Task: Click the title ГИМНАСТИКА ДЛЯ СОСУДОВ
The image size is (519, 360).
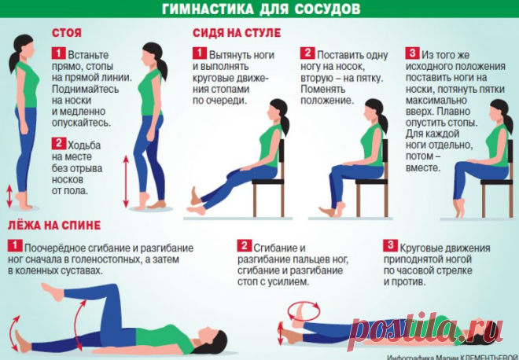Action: click(261, 9)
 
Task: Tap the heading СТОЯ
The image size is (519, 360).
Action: click(67, 33)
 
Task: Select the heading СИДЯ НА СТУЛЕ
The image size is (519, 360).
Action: click(237, 33)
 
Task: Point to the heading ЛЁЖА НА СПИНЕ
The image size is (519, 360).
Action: click(54, 226)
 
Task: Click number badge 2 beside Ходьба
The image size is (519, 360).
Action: click(59, 143)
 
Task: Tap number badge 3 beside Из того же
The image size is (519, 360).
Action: click(412, 53)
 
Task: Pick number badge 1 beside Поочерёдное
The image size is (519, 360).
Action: click(15, 246)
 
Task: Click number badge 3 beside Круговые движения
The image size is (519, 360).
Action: click(391, 245)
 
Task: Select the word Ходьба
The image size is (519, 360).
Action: click(84, 145)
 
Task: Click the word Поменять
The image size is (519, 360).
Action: click(318, 90)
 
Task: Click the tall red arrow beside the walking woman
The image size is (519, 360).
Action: click(126, 182)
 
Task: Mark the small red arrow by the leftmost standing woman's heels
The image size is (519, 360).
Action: click(9, 197)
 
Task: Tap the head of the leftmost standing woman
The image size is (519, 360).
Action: click(23, 47)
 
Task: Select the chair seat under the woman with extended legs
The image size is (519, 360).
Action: click(268, 182)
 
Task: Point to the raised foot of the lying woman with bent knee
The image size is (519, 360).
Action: click(52, 292)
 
